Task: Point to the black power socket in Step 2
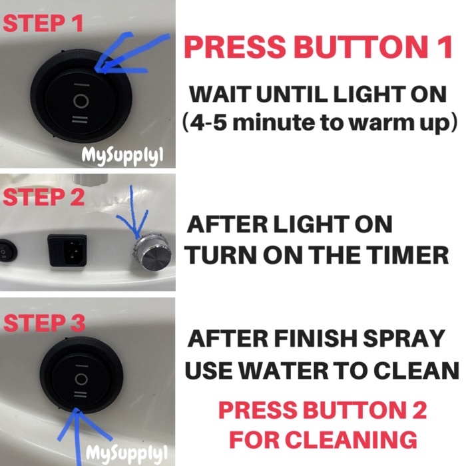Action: (x=71, y=250)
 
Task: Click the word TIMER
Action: (x=413, y=254)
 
